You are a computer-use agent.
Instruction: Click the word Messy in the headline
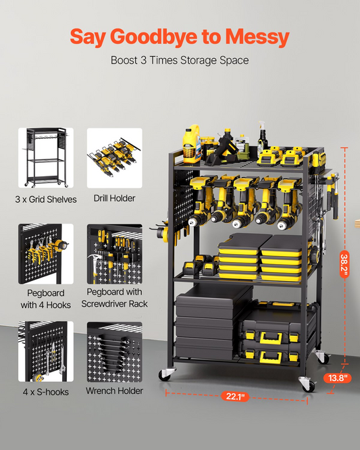click(257, 37)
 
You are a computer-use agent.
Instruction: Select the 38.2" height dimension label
click(344, 264)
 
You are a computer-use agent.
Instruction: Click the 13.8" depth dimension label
click(337, 378)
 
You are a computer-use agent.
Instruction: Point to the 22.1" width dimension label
click(235, 397)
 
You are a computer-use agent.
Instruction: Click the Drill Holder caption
click(114, 198)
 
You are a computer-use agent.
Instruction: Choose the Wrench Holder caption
click(114, 391)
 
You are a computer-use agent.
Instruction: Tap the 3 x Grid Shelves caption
click(46, 199)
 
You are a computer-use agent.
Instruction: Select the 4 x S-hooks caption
click(46, 392)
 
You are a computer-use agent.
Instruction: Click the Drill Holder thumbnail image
click(114, 158)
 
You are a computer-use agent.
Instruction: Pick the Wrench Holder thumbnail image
click(114, 352)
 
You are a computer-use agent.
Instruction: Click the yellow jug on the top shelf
click(192, 144)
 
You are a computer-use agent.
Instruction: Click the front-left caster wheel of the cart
click(166, 374)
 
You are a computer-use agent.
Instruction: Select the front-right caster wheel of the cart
click(307, 384)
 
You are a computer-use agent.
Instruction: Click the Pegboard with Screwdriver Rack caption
click(114, 297)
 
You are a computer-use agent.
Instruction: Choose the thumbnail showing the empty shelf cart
click(46, 158)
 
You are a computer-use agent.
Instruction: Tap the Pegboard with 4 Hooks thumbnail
click(46, 254)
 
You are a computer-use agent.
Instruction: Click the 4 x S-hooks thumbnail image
click(46, 351)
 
